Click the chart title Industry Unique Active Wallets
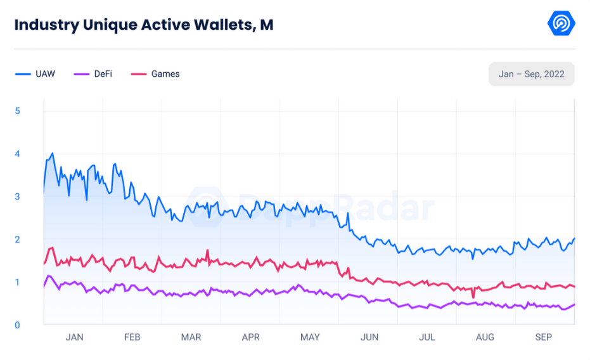point(144,25)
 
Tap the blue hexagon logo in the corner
point(561,24)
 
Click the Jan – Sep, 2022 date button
point(531,74)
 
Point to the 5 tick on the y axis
point(18,111)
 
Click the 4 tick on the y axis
point(18,154)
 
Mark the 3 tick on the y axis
point(18,196)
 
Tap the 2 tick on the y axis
point(18,240)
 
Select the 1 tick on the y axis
point(18,282)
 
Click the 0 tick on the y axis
point(18,325)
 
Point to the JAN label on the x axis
point(74,337)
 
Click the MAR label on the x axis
point(191,337)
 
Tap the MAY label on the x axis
point(310,337)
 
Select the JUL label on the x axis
point(427,337)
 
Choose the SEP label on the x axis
point(544,337)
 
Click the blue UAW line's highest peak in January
point(52,153)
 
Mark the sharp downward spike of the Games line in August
point(473,297)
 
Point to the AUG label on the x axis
point(485,337)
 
